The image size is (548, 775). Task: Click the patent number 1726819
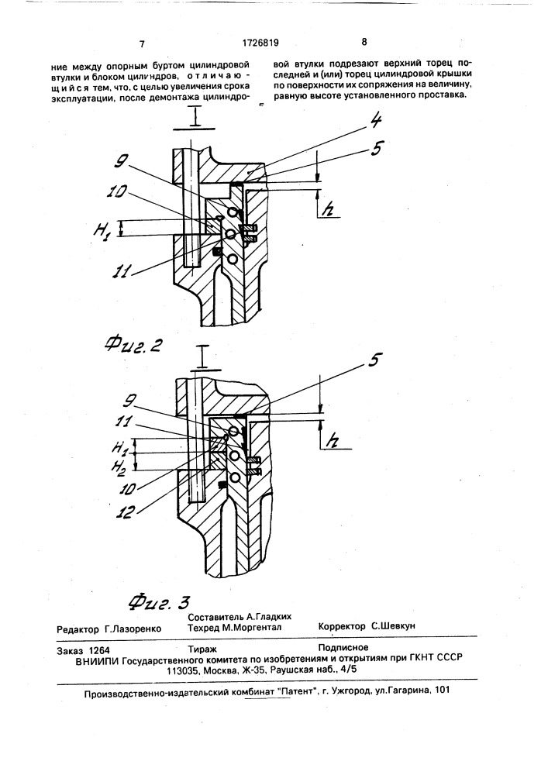(x=260, y=43)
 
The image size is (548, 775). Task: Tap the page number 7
(x=142, y=44)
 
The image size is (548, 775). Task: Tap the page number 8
(x=364, y=42)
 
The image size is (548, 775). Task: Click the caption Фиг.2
(x=134, y=345)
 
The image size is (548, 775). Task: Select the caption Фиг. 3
(x=159, y=601)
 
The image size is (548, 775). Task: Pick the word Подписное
(x=343, y=647)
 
